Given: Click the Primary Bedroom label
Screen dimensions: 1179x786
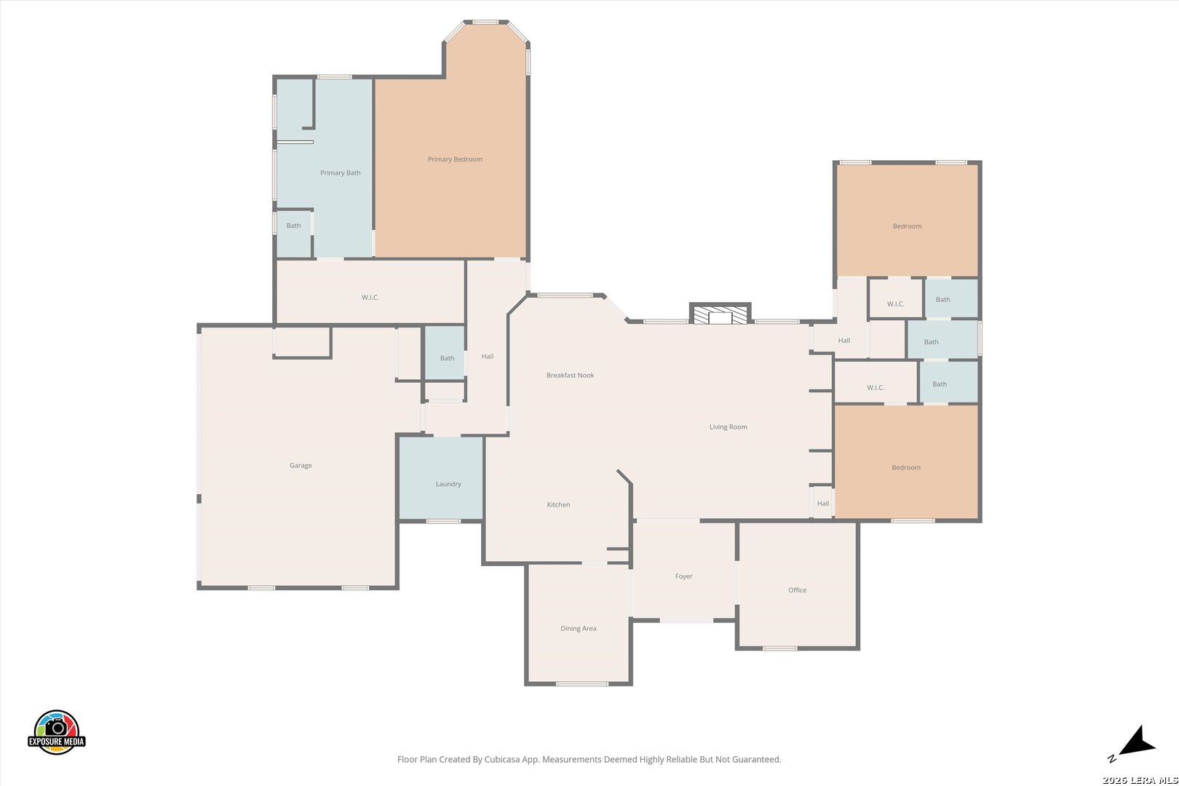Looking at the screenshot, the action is (x=455, y=159).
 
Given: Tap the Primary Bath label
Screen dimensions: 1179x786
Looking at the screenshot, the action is (x=340, y=172).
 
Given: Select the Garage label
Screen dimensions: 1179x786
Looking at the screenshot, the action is (x=301, y=465).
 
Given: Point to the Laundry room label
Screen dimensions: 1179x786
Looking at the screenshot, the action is (x=448, y=484).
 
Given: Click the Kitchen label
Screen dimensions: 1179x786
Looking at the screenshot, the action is (x=558, y=504).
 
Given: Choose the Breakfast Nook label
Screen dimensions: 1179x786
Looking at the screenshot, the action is (x=570, y=376).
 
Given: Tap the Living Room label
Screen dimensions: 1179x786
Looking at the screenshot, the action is (x=728, y=427).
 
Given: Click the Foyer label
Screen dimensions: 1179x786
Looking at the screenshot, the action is (x=683, y=576).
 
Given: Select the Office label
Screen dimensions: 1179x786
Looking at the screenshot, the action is (x=798, y=590).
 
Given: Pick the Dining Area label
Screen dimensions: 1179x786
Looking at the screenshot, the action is (x=578, y=629).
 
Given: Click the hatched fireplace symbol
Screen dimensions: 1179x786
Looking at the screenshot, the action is (x=720, y=315).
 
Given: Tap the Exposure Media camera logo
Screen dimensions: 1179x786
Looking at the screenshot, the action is (x=56, y=732).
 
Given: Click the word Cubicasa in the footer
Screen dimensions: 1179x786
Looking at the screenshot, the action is (x=502, y=760).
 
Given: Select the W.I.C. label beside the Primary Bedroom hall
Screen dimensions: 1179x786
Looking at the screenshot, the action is (x=370, y=298).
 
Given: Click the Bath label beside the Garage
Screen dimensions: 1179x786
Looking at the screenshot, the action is (x=447, y=358).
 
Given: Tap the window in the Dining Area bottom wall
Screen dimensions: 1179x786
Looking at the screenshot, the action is (x=582, y=684).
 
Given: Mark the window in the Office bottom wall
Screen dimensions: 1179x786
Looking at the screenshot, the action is (x=780, y=648).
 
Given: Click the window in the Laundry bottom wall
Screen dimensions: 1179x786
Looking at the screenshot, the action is (x=443, y=521).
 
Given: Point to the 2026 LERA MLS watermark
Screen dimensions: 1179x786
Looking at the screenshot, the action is (x=1140, y=780).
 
